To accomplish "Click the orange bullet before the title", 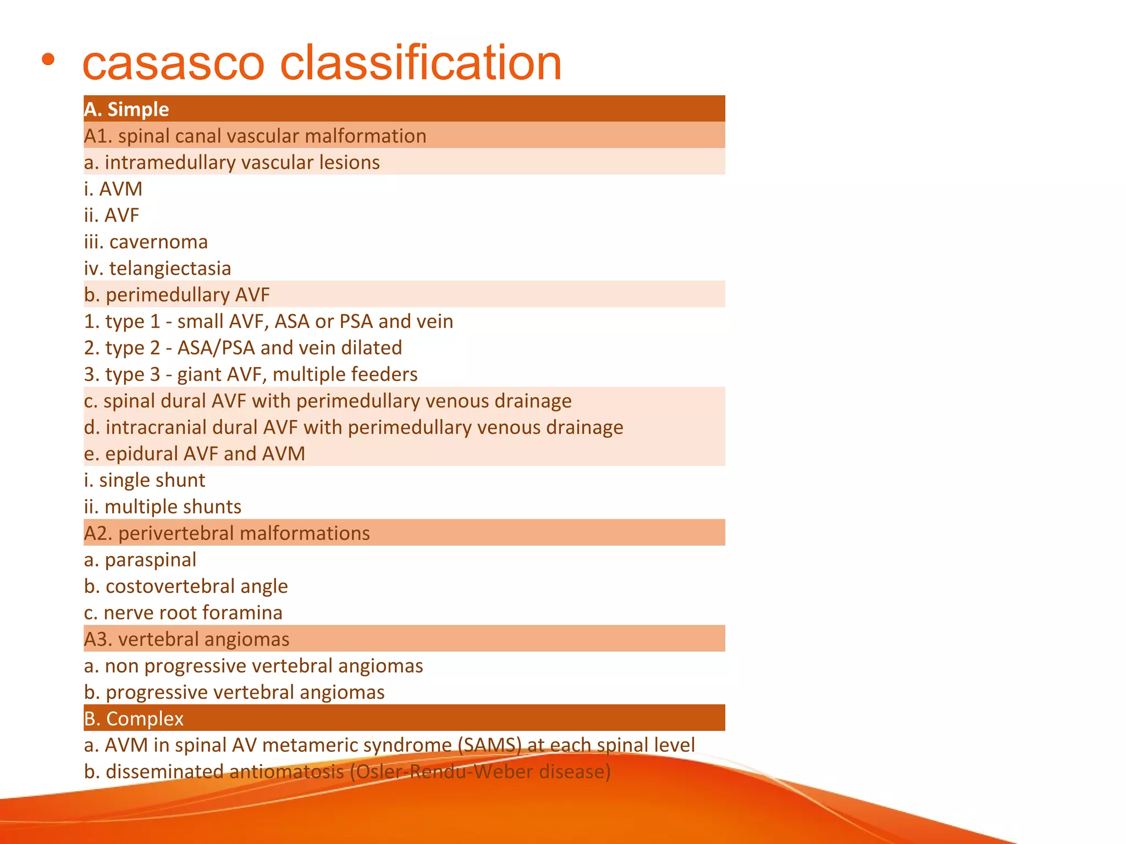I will pyautogui.click(x=48, y=59).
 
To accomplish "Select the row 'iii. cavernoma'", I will pyautogui.click(x=146, y=242).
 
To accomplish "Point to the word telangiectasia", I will pyautogui.click(x=170, y=268).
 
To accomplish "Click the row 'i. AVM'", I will pyautogui.click(x=113, y=189).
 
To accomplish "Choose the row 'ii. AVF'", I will pyautogui.click(x=112, y=215).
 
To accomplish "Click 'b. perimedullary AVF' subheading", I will pyautogui.click(x=177, y=295).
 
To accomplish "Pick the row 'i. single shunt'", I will pyautogui.click(x=145, y=480).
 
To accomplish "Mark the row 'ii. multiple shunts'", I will pyautogui.click(x=163, y=507).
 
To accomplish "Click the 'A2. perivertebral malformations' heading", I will pyautogui.click(x=227, y=533).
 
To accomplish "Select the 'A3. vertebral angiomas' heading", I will pyautogui.click(x=187, y=639).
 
